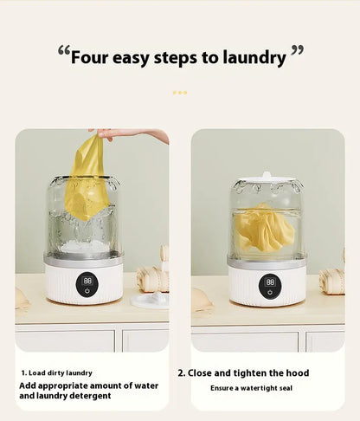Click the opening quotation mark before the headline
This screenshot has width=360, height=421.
[x=63, y=53]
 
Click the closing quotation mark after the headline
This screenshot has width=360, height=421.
[x=297, y=53]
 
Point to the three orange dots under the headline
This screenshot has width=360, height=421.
[x=179, y=92]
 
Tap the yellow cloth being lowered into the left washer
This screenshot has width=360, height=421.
[x=87, y=178]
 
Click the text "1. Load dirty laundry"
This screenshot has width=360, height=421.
[x=58, y=372]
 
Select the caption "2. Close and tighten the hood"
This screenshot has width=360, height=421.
[x=243, y=372]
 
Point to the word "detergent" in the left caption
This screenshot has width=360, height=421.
[x=85, y=396]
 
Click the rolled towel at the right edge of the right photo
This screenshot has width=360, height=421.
[x=332, y=280]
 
